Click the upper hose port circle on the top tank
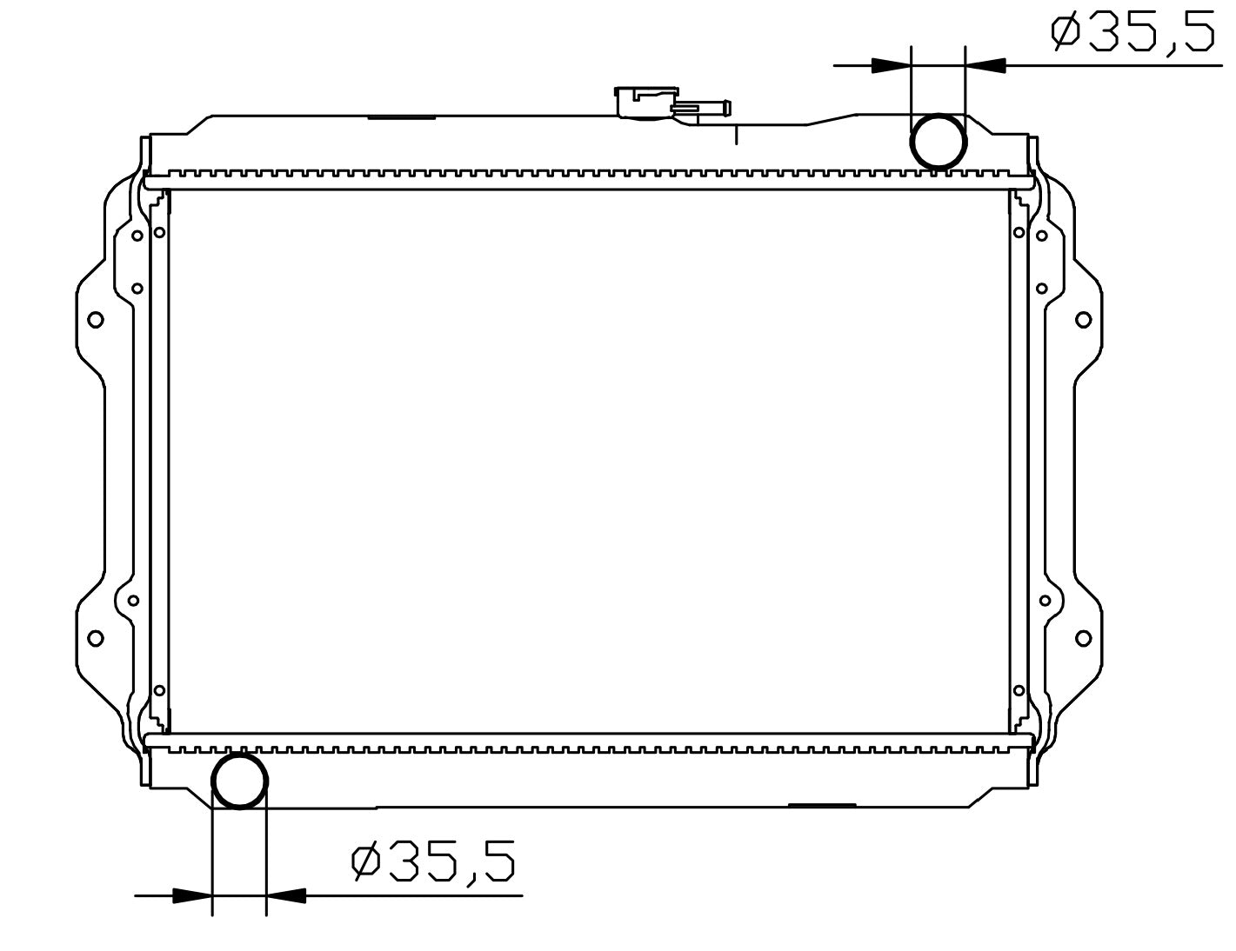point(939,114)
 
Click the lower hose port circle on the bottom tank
point(239,754)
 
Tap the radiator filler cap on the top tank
point(646,103)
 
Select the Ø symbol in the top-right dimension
point(1066,32)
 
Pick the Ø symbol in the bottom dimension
point(365,861)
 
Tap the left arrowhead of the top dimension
point(891,65)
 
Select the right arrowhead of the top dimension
point(985,65)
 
